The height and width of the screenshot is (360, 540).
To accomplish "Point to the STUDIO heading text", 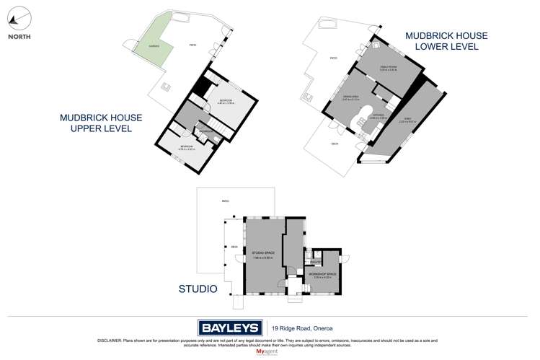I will pyautogui.click(x=198, y=289).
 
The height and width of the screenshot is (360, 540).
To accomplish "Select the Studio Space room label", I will pyautogui.click(x=262, y=253).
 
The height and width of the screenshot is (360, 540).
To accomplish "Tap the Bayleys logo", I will pyautogui.click(x=229, y=327).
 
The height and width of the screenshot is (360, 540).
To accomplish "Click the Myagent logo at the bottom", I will pyautogui.click(x=270, y=352).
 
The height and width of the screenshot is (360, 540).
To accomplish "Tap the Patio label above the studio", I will pyautogui.click(x=226, y=201).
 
